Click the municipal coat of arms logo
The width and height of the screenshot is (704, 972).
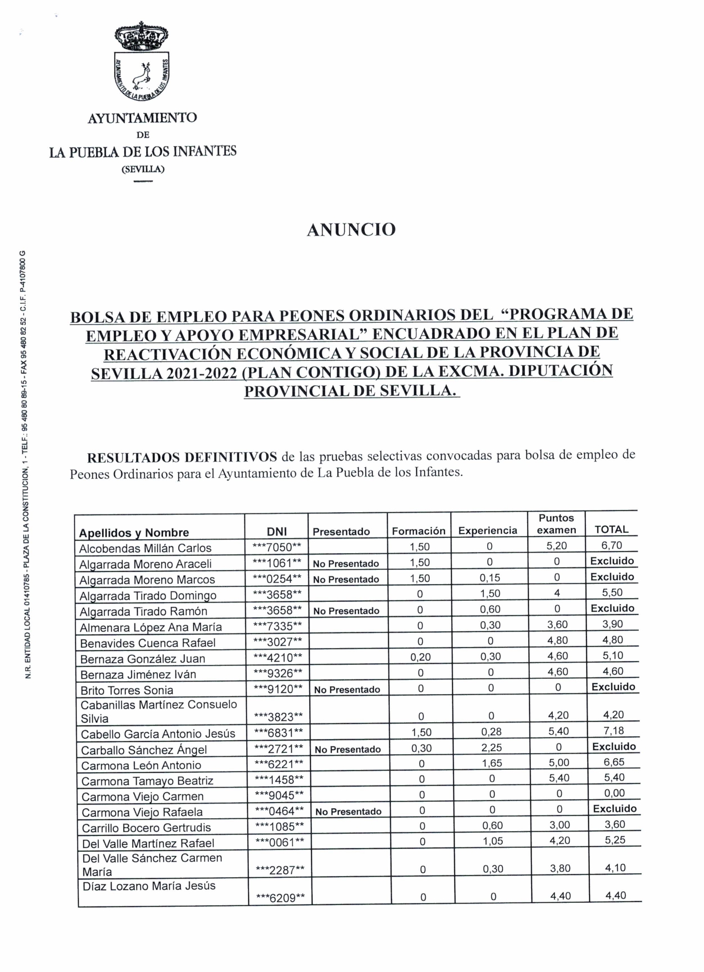pos(142,64)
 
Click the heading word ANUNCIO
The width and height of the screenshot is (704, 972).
pos(351,230)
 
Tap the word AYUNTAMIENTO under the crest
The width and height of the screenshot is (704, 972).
pos(142,118)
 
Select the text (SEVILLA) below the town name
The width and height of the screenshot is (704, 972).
pos(143,169)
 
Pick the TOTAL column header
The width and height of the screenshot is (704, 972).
pos(611,529)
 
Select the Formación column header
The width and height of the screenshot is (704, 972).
pos(419,531)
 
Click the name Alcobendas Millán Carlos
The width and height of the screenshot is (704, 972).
pos(146,548)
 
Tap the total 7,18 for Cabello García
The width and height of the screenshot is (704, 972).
pos(615,731)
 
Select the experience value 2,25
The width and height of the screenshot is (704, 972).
pos(491,747)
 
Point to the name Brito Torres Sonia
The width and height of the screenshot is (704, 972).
pos(127,690)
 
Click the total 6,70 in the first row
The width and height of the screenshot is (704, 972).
pos(611,545)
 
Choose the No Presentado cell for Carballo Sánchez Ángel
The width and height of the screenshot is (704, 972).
pos(348,749)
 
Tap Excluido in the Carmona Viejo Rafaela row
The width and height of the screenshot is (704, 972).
pos(615,809)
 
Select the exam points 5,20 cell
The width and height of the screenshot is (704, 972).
pos(557,545)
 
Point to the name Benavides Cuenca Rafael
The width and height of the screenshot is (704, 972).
pos(148,643)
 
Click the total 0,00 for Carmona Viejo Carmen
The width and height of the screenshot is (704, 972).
pos(615,793)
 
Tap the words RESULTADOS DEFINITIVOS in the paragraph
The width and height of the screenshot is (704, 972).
pos(182,457)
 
